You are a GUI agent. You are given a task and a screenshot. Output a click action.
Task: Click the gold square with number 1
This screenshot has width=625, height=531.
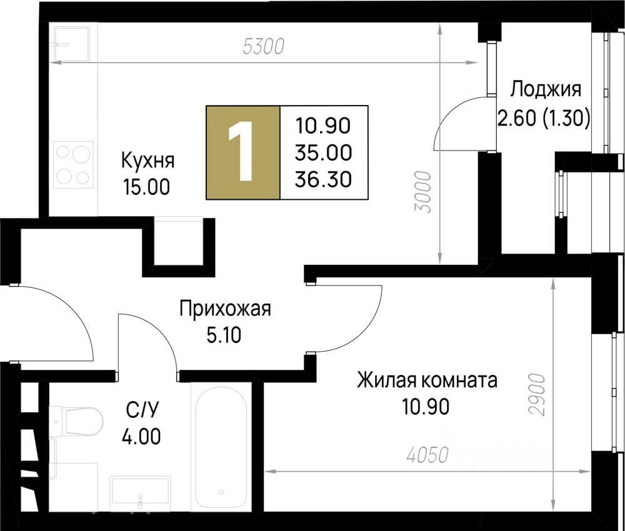(243, 152)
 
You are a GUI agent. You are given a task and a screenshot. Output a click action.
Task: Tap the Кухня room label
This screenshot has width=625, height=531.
(147, 160)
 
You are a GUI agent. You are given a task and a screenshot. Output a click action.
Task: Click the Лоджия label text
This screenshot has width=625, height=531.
(546, 89)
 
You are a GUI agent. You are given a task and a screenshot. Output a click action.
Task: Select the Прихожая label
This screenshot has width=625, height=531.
(225, 309)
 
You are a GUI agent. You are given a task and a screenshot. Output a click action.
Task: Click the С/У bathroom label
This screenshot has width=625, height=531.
(141, 410)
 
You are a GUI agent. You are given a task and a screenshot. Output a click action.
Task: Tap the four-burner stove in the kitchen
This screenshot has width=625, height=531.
(74, 164)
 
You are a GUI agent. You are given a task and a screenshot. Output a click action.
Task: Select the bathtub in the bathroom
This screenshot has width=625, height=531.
(222, 447)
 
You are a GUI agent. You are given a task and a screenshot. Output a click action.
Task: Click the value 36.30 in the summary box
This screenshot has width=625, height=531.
(324, 179)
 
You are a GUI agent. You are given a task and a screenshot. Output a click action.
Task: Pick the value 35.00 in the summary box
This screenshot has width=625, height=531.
(324, 151)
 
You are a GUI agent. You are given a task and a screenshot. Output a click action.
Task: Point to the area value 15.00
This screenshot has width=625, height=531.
(146, 187)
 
